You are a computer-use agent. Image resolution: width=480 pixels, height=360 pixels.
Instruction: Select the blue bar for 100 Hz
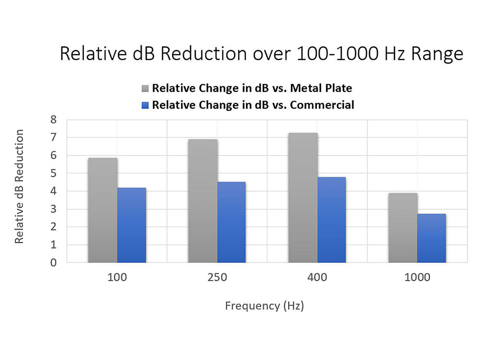[131, 225]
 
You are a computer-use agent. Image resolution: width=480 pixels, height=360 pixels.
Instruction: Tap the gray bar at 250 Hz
[203, 201]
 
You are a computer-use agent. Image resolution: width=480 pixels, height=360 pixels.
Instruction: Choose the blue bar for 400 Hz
[331, 220]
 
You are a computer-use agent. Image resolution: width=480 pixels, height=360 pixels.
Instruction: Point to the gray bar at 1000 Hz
[403, 228]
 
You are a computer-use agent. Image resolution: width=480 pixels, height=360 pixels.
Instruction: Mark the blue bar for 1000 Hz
[432, 238]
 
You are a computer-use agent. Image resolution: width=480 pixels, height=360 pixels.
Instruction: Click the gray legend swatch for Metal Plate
[146, 88]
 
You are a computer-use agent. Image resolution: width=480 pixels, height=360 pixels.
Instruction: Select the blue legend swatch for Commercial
[146, 105]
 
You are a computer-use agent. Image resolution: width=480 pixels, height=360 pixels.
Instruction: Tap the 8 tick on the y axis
[53, 120]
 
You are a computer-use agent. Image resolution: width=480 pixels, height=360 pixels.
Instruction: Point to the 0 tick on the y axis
[53, 262]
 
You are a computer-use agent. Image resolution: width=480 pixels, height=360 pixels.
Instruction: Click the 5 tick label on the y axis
[53, 173]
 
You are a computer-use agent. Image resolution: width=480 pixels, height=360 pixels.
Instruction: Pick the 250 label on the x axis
[217, 278]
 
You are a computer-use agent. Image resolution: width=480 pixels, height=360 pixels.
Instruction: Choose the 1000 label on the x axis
[417, 278]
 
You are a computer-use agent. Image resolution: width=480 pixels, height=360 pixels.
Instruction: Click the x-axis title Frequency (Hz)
[264, 306]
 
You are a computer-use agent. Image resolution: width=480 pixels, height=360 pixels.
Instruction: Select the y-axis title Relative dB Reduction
[19, 187]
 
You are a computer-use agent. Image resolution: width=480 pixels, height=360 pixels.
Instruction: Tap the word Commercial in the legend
[322, 105]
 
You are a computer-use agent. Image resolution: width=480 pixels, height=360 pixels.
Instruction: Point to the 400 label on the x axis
[317, 278]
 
